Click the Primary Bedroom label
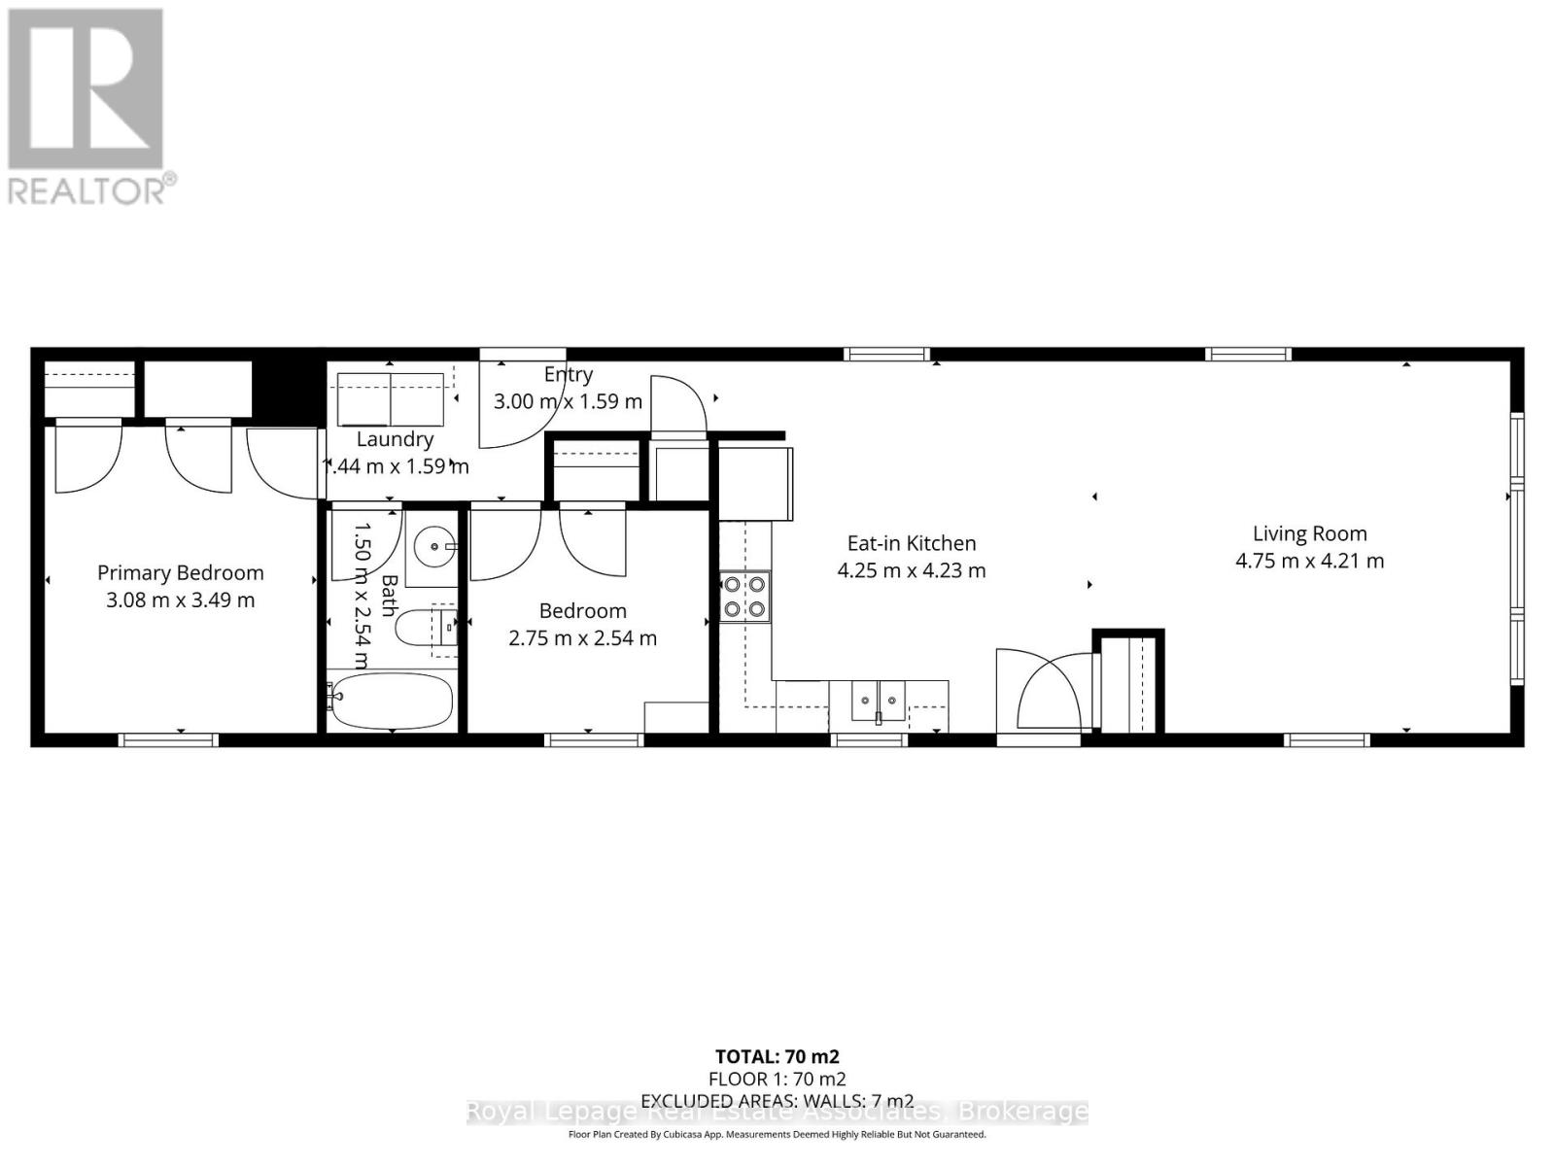[x=180, y=573]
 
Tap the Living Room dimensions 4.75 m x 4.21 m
[x=1309, y=561]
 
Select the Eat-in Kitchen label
[x=911, y=543]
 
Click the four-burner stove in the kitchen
[x=744, y=597]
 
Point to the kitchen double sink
[x=878, y=702]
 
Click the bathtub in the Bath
[x=391, y=702]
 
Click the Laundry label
[x=395, y=439]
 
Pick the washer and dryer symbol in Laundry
[x=390, y=399]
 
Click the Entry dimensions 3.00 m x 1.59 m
[x=568, y=401]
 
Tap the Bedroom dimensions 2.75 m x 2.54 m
[x=582, y=638]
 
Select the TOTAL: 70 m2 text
[x=777, y=1056]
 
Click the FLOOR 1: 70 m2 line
[x=777, y=1079]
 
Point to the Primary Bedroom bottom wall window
[x=168, y=740]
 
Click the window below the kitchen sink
[x=870, y=740]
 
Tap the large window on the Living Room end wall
[x=1516, y=549]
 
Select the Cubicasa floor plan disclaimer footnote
[x=777, y=1135]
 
